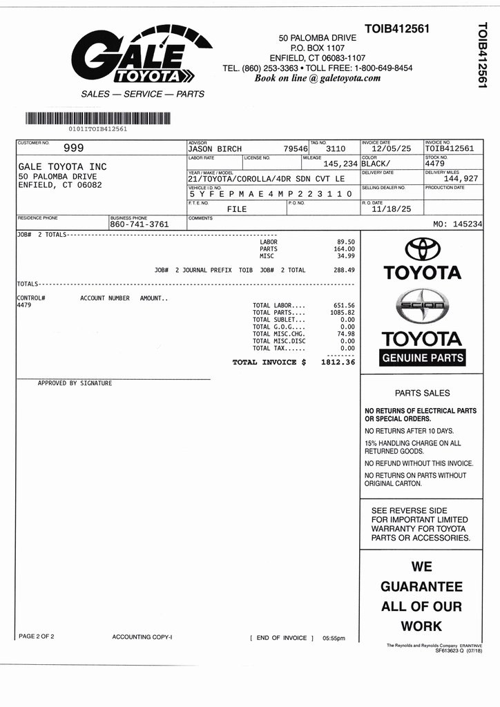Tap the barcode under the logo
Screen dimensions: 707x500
click(97, 117)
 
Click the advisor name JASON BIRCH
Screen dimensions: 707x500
click(215, 148)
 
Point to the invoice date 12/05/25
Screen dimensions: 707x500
click(391, 148)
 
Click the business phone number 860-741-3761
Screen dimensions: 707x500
click(140, 224)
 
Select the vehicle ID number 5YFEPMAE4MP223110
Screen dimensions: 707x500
click(271, 195)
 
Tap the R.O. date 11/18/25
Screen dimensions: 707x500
click(391, 209)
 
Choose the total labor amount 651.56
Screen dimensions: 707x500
click(343, 305)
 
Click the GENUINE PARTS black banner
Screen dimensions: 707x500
click(423, 358)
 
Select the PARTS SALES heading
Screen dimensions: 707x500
click(422, 393)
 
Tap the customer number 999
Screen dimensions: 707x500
click(74, 148)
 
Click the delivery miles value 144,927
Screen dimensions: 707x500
click(461, 179)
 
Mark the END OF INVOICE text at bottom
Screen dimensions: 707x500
click(282, 638)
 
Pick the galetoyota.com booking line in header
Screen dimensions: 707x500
click(318, 78)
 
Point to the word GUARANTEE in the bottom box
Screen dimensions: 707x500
click(421, 587)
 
